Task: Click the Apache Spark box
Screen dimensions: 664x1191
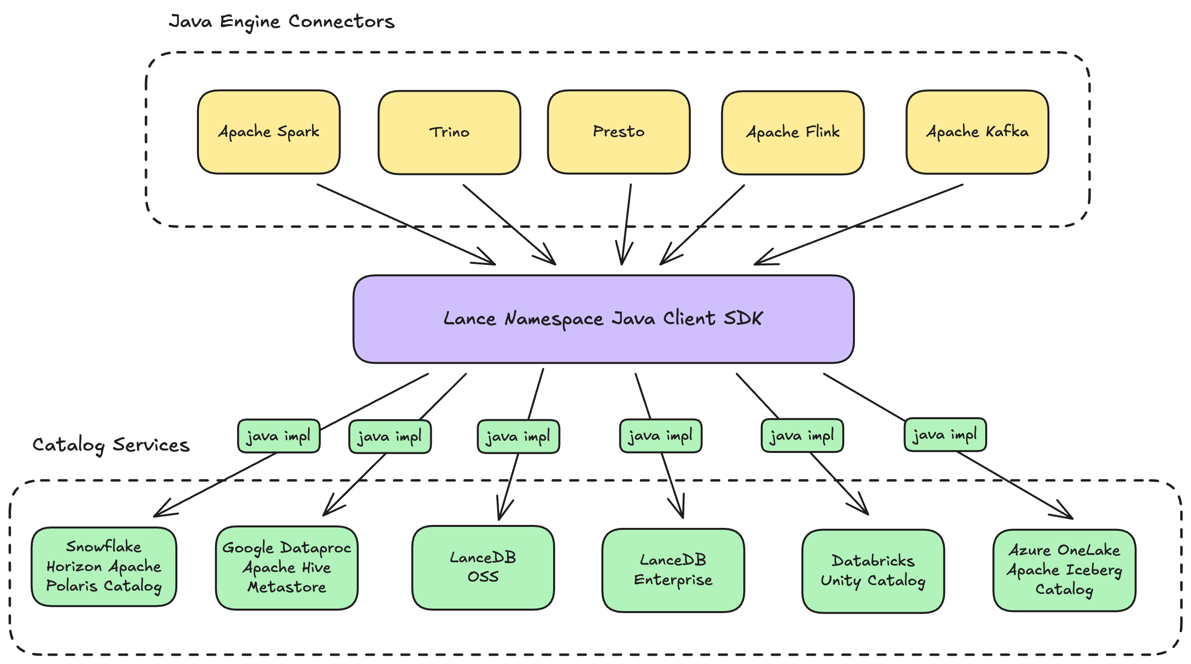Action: (x=268, y=132)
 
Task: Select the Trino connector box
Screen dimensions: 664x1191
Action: (x=449, y=132)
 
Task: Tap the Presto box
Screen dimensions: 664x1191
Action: (x=619, y=132)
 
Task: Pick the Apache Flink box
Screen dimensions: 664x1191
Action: (x=793, y=132)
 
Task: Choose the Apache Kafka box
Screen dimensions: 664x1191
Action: (x=977, y=132)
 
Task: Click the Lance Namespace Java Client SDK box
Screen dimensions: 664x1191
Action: (x=603, y=319)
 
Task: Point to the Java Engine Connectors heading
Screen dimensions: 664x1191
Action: (x=282, y=22)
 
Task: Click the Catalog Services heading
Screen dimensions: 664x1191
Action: (x=111, y=445)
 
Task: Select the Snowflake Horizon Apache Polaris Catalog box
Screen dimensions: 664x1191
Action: (x=104, y=567)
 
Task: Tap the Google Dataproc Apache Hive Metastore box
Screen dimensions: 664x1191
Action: (x=287, y=568)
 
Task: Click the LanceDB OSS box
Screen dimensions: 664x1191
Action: (x=483, y=568)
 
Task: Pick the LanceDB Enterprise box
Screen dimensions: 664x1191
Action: (x=673, y=570)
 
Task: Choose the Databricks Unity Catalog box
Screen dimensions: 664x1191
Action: (x=873, y=571)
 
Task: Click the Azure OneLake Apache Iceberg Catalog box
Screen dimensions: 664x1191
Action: (x=1064, y=570)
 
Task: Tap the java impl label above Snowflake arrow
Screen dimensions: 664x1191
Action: (x=279, y=436)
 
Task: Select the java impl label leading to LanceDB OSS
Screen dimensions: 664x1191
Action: (x=518, y=436)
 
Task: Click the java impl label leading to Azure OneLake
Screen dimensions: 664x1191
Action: (x=945, y=434)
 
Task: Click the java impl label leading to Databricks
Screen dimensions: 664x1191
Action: (x=802, y=435)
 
